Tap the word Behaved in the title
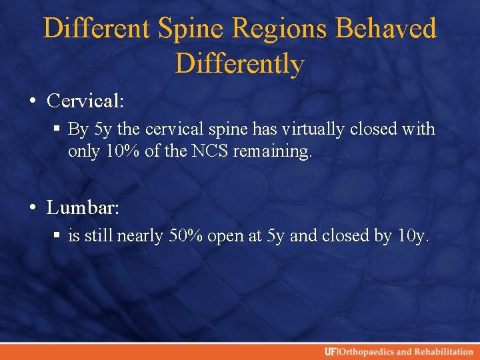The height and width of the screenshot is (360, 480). tap(387, 29)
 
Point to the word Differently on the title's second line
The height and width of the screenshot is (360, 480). tap(240, 64)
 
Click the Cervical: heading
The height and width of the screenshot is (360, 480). tap(85, 101)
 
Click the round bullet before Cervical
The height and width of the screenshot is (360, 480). tap(33, 101)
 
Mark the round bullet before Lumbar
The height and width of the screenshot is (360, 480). tap(33, 208)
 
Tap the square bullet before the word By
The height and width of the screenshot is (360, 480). tap(59, 129)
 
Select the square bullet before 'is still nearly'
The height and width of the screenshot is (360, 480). tap(59, 236)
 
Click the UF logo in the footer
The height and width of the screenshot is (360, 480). tap(331, 351)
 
